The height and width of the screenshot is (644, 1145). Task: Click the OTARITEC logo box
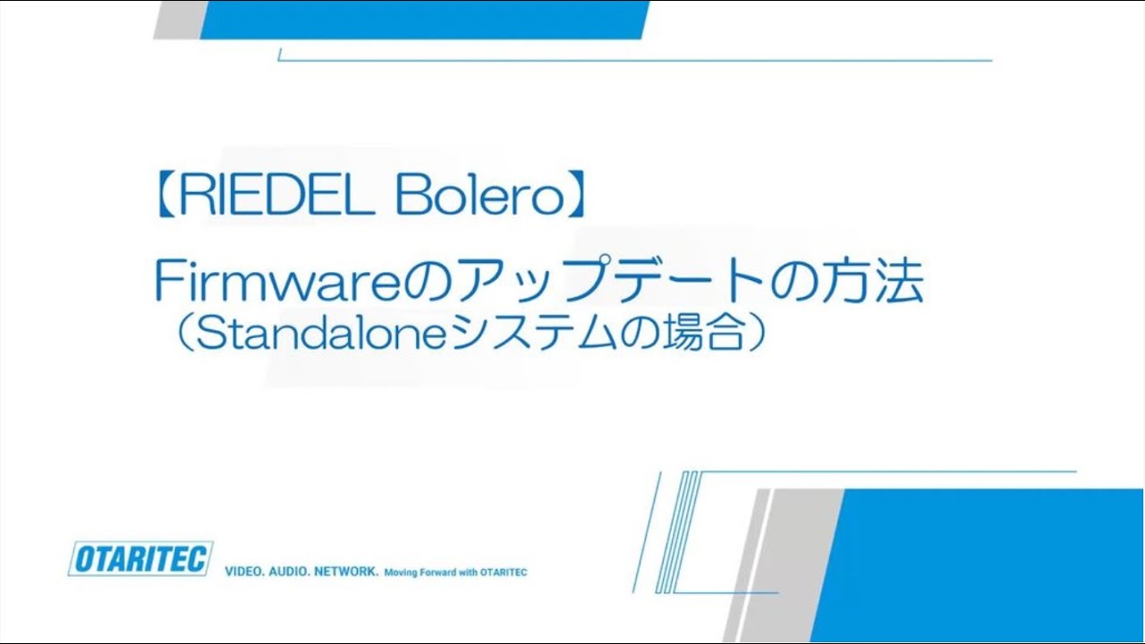point(140,559)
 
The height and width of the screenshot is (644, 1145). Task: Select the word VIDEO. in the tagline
point(242,571)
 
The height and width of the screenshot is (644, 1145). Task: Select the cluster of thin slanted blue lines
point(680,532)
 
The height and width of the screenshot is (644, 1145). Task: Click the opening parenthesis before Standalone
point(175,335)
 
